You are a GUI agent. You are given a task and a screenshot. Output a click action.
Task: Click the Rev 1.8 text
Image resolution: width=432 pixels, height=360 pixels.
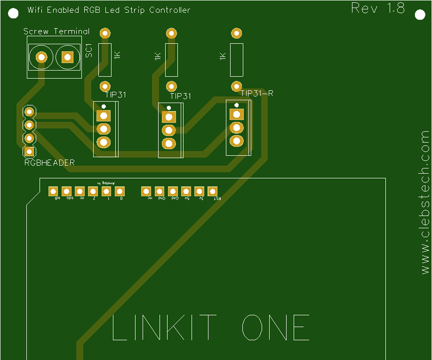coord(378,8)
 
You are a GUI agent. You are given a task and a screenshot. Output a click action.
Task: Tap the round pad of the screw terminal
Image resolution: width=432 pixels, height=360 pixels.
coord(41,57)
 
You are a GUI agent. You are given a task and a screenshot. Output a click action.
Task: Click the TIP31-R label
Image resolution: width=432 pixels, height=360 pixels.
coord(257,93)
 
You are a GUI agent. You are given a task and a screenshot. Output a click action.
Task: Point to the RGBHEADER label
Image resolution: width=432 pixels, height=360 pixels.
coord(49,163)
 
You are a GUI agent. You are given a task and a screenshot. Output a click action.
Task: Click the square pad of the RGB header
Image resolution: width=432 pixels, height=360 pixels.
coord(29,151)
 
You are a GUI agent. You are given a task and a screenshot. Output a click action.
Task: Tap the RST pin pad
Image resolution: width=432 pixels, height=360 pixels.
coord(213,191)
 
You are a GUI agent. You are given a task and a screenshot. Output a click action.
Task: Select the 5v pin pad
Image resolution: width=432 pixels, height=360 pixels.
coord(186,191)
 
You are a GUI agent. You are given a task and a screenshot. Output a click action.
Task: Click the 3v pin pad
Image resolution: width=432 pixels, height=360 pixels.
coord(200,191)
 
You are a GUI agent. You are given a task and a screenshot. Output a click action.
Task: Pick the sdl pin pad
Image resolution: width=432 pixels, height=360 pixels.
coord(53,191)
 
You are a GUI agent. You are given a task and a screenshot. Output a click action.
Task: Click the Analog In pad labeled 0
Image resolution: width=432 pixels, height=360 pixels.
coord(120,191)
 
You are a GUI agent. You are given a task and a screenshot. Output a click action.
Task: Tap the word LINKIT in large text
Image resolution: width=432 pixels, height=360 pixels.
coord(164,328)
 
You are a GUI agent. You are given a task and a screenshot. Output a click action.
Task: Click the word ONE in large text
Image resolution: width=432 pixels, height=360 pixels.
coord(276,328)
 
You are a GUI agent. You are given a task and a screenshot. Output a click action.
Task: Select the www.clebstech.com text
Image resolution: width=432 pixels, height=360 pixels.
coord(425,202)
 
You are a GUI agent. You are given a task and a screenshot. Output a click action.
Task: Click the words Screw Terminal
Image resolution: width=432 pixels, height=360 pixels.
coord(56,32)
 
